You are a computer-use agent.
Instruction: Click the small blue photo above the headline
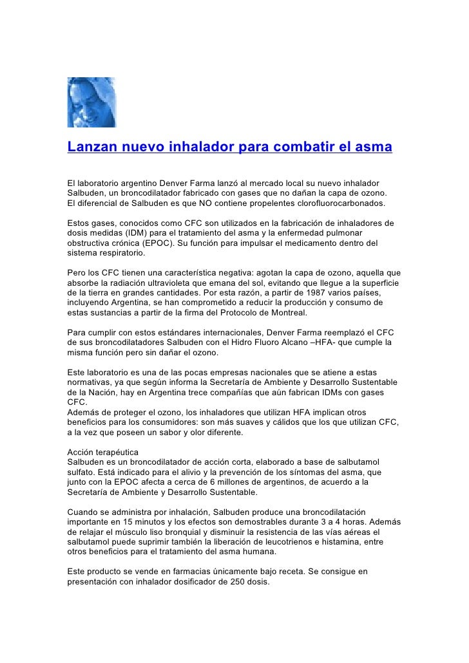pyautogui.click(x=91, y=102)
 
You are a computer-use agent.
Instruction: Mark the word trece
pyautogui.click(x=209, y=392)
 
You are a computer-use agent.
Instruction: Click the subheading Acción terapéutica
pyautogui.click(x=102, y=453)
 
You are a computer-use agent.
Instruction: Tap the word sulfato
pyautogui.click(x=82, y=473)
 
